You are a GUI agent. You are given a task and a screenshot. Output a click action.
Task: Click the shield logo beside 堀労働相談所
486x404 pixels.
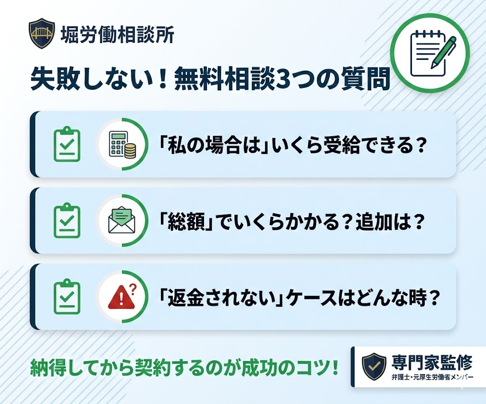[x=42, y=33]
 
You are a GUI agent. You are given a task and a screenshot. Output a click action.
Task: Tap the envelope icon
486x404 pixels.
[x=122, y=220]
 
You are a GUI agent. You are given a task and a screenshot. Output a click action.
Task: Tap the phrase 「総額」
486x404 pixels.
[x=187, y=221]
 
